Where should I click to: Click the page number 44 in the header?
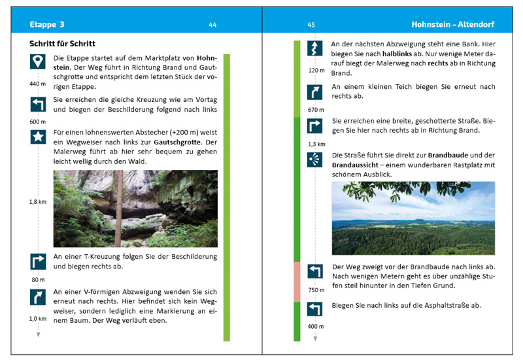pos(212,25)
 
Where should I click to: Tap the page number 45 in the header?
pos(311,25)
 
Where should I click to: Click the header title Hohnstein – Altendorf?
pos(452,25)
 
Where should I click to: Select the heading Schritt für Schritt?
pos(63,44)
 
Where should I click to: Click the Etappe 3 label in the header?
pos(47,25)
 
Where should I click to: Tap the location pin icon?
pos(38,62)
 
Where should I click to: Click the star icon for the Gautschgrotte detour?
pos(38,137)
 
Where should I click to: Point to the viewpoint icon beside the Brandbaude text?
pos(316,160)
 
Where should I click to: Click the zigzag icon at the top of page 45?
pos(316,48)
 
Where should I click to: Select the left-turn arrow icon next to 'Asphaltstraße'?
pos(316,309)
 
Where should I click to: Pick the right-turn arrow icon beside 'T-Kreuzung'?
pos(38,261)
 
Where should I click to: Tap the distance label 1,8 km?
pos(37,202)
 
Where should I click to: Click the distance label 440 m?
pos(38,84)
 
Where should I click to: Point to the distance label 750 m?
pos(316,290)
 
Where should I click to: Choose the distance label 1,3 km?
pos(316,144)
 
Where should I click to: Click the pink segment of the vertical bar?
pos(297,281)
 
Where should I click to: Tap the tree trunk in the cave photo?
pos(117,209)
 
